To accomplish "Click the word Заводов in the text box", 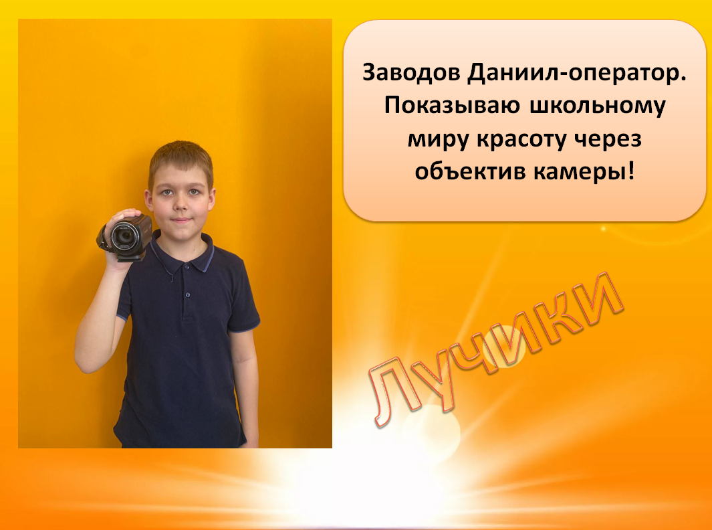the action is tap(411, 72).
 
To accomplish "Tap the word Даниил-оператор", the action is tap(577, 74).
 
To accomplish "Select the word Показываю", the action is tap(452, 106).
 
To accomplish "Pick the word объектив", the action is tap(469, 171).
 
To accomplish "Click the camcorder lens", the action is tap(122, 236).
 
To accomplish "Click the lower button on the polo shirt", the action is tap(188, 295).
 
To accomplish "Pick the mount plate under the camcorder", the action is tap(130, 257).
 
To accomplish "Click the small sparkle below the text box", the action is tap(604, 229).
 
